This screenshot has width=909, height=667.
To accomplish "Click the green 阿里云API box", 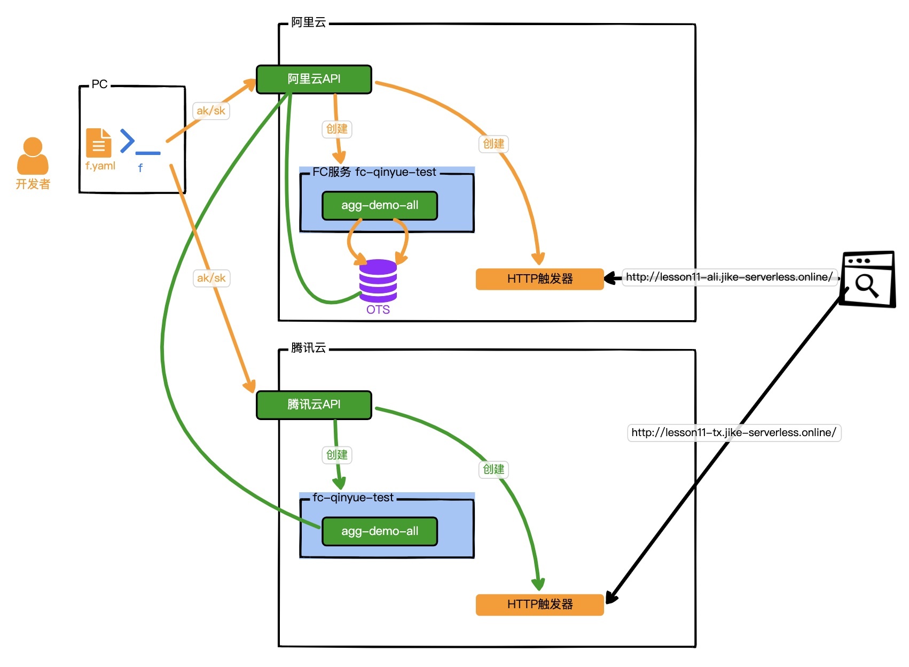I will pyautogui.click(x=314, y=79).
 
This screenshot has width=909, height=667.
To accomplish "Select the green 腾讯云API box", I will pyautogui.click(x=314, y=405).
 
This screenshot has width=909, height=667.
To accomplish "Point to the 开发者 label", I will pyautogui.click(x=33, y=184).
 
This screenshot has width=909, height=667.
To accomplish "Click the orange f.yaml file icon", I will pyautogui.click(x=99, y=143).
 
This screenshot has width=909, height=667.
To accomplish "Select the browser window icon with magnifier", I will pyautogui.click(x=867, y=280).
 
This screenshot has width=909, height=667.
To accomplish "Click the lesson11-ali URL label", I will pyautogui.click(x=729, y=277).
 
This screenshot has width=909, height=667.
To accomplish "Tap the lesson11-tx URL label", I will pyautogui.click(x=734, y=432).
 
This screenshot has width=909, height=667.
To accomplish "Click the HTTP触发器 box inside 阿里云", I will pyautogui.click(x=539, y=279).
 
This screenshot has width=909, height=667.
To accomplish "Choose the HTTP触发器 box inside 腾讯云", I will pyautogui.click(x=539, y=604).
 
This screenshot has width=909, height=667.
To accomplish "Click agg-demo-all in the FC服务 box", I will pyautogui.click(x=380, y=205).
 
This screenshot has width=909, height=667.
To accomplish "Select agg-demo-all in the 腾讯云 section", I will pyautogui.click(x=380, y=531).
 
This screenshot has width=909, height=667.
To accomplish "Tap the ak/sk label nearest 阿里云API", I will pyautogui.click(x=211, y=111).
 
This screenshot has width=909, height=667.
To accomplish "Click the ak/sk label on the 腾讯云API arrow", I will pyautogui.click(x=211, y=278).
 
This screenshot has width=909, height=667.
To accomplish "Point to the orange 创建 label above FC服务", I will pyautogui.click(x=337, y=129).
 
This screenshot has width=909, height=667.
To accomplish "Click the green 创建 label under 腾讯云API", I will pyautogui.click(x=337, y=455).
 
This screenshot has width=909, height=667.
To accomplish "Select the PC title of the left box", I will pyautogui.click(x=99, y=84).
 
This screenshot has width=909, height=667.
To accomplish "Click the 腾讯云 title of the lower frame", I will pyautogui.click(x=308, y=348).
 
